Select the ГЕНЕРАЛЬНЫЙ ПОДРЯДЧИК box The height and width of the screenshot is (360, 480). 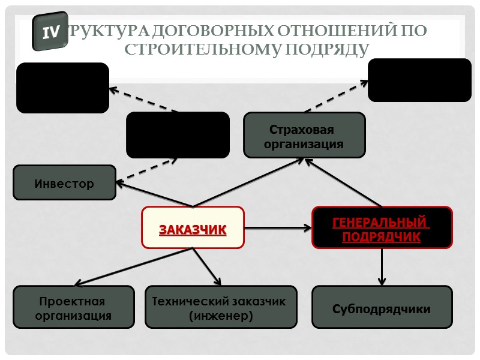[382, 227]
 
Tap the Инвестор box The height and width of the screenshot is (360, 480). [64, 183]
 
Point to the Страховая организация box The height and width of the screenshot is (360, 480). [304, 136]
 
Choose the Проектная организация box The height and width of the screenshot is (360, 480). [73, 307]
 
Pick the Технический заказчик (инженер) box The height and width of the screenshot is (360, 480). [220, 307]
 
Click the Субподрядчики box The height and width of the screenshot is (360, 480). [382, 307]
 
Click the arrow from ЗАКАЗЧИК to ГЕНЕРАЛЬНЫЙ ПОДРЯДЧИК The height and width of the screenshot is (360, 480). [278, 227]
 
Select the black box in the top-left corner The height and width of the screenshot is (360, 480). [62, 88]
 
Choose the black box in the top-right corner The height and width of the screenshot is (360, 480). [419, 80]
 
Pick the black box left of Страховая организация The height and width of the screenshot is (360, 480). [178, 135]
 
